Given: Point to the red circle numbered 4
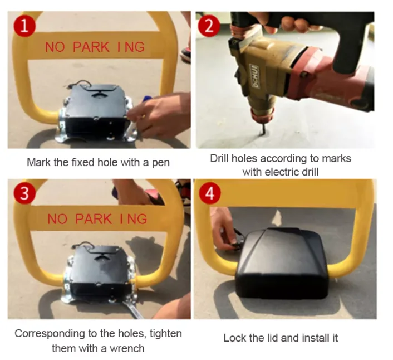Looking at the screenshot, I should tap(209, 193).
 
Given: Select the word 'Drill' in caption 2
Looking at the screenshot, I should tap(220, 158).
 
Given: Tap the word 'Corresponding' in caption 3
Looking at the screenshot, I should tap(47, 334).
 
